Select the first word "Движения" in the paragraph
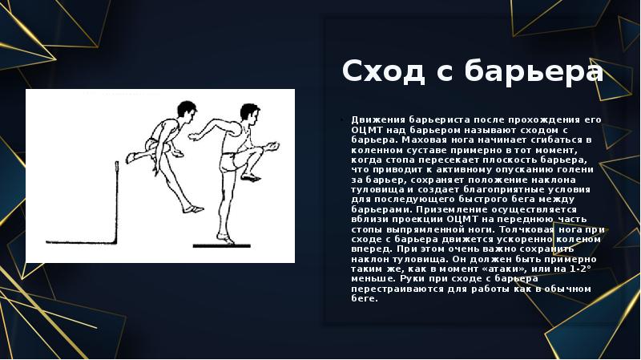click(x=377, y=119)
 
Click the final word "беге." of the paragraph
click(x=365, y=299)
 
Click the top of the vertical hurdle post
click(x=118, y=164)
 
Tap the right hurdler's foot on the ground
click(x=227, y=238)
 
